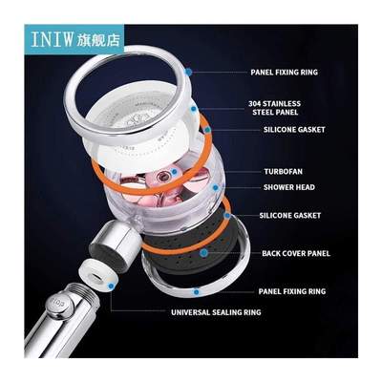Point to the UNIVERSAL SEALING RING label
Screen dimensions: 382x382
pos(218,312)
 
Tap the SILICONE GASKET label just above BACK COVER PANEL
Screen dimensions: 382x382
pos(290,216)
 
